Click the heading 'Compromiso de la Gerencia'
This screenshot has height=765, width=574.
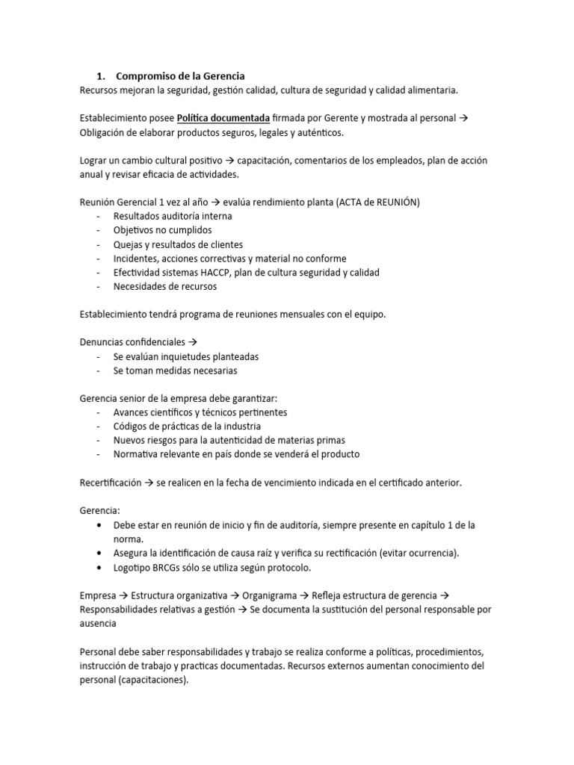[180, 76]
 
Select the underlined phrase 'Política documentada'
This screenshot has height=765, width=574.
[223, 119]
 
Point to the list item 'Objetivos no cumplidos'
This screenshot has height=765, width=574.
[162, 230]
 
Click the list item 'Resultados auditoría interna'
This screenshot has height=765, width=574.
[173, 217]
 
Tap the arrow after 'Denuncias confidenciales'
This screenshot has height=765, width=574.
[191, 342]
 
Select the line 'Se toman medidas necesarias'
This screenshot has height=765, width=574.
[176, 371]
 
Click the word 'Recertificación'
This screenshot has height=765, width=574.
[110, 483]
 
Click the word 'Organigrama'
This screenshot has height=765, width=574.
[273, 595]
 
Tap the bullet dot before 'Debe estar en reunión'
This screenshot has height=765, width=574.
[100, 525]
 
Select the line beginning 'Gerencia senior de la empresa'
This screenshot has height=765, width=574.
[183, 398]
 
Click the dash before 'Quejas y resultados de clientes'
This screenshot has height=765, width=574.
[99, 244]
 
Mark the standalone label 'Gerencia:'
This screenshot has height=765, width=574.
[99, 511]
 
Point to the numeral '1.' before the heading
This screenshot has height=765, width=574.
[102, 76]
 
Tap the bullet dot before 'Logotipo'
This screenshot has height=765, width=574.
[100, 568]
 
